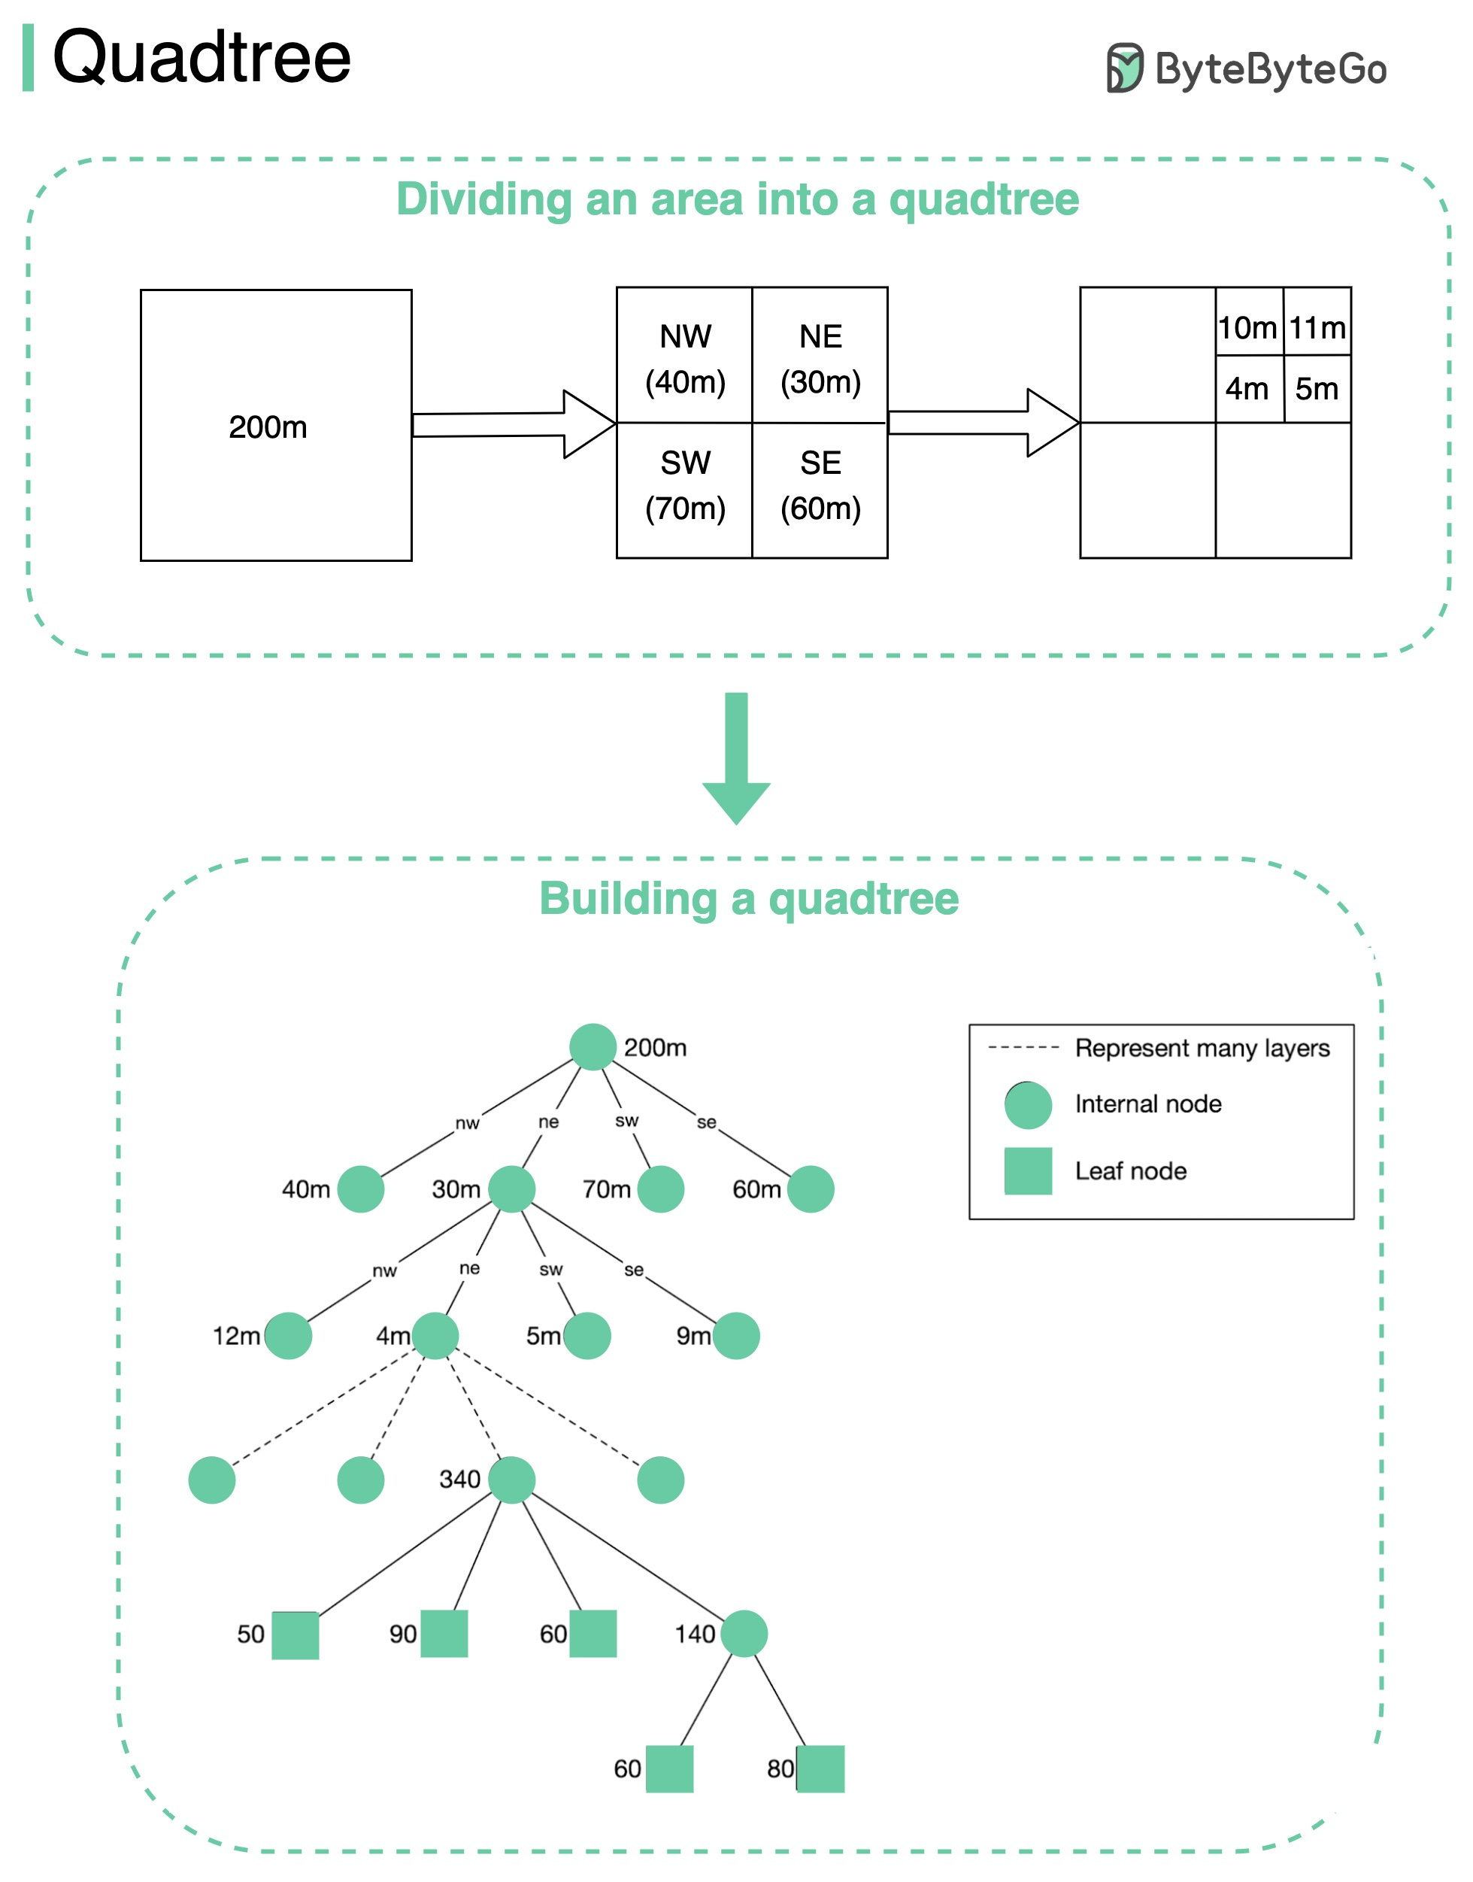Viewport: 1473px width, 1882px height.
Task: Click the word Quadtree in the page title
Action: (x=202, y=58)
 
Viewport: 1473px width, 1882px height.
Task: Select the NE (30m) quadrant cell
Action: (x=820, y=357)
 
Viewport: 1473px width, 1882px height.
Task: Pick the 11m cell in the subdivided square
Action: (x=1317, y=327)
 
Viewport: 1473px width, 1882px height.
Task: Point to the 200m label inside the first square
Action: (x=268, y=427)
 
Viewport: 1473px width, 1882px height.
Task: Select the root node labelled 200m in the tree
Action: (x=593, y=1047)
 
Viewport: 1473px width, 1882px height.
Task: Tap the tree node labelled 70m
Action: (x=661, y=1188)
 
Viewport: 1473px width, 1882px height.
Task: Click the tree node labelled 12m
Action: (x=288, y=1335)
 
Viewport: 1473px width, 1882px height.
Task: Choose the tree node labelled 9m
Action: (x=735, y=1335)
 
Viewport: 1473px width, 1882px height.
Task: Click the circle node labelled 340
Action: (x=511, y=1480)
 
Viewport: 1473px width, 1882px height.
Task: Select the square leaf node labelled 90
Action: (x=444, y=1634)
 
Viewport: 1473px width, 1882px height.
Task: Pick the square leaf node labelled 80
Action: (x=820, y=1769)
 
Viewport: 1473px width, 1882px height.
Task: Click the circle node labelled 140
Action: (x=744, y=1633)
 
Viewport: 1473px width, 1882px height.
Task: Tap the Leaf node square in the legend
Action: (x=1028, y=1170)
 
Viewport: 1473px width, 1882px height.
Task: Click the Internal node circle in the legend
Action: (x=1028, y=1105)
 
